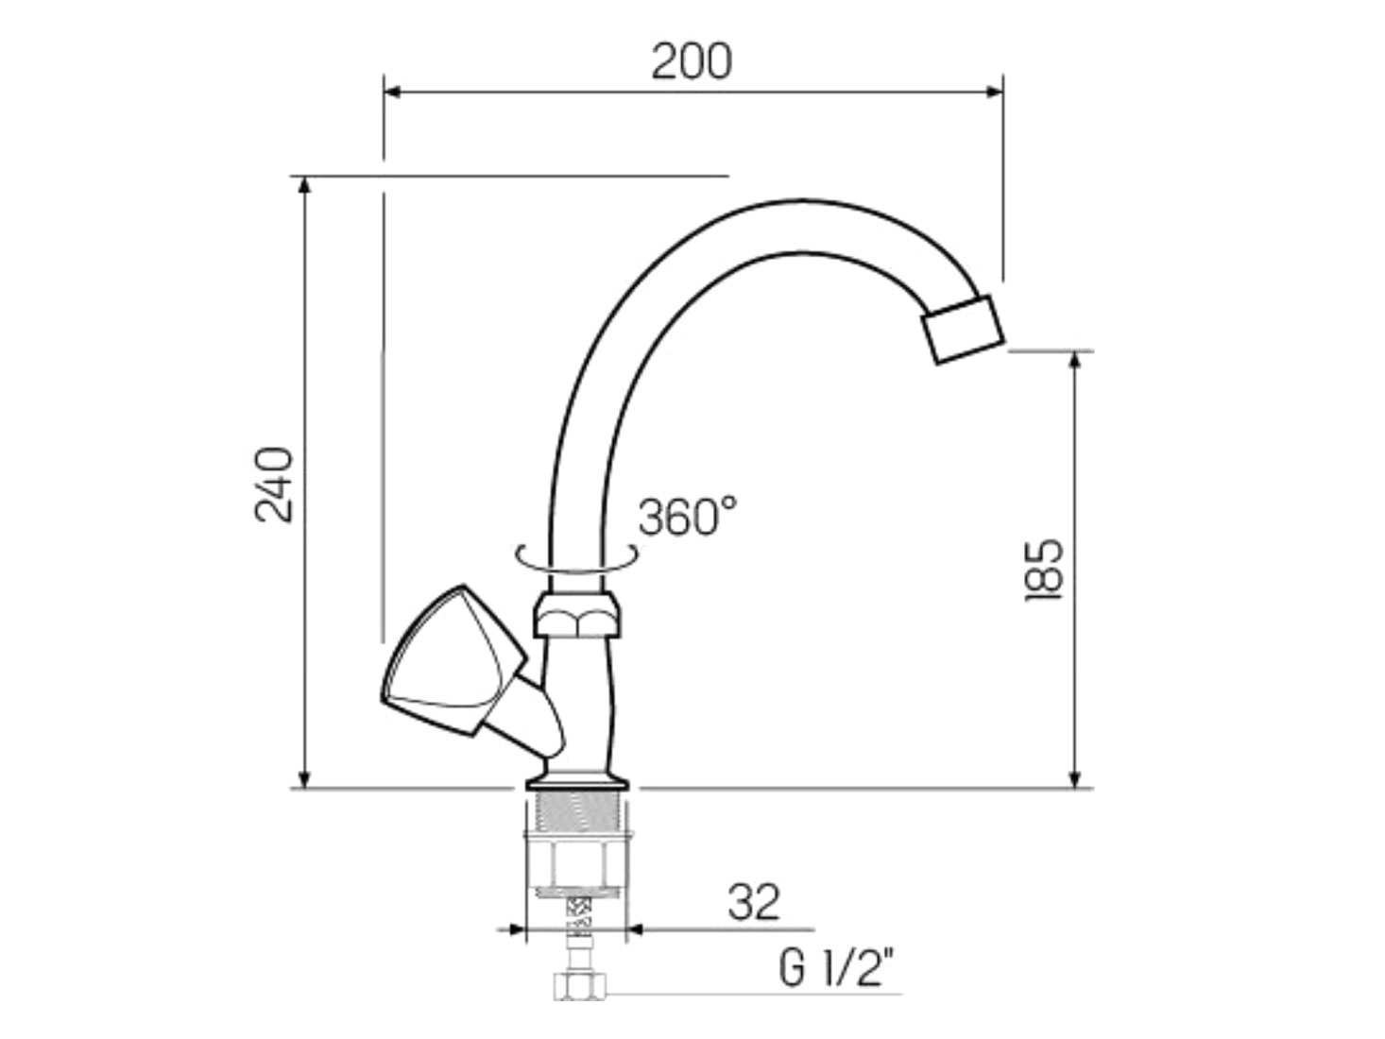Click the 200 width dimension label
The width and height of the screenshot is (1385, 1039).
click(x=692, y=61)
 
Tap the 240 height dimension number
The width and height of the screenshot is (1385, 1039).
click(x=275, y=485)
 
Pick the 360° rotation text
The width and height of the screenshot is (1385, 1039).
click(x=687, y=517)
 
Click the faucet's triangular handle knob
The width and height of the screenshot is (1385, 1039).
click(x=453, y=659)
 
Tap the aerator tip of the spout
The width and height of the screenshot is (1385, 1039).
click(x=963, y=329)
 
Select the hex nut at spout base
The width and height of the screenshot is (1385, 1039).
click(x=576, y=615)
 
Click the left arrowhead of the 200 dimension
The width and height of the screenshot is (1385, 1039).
click(x=392, y=93)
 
